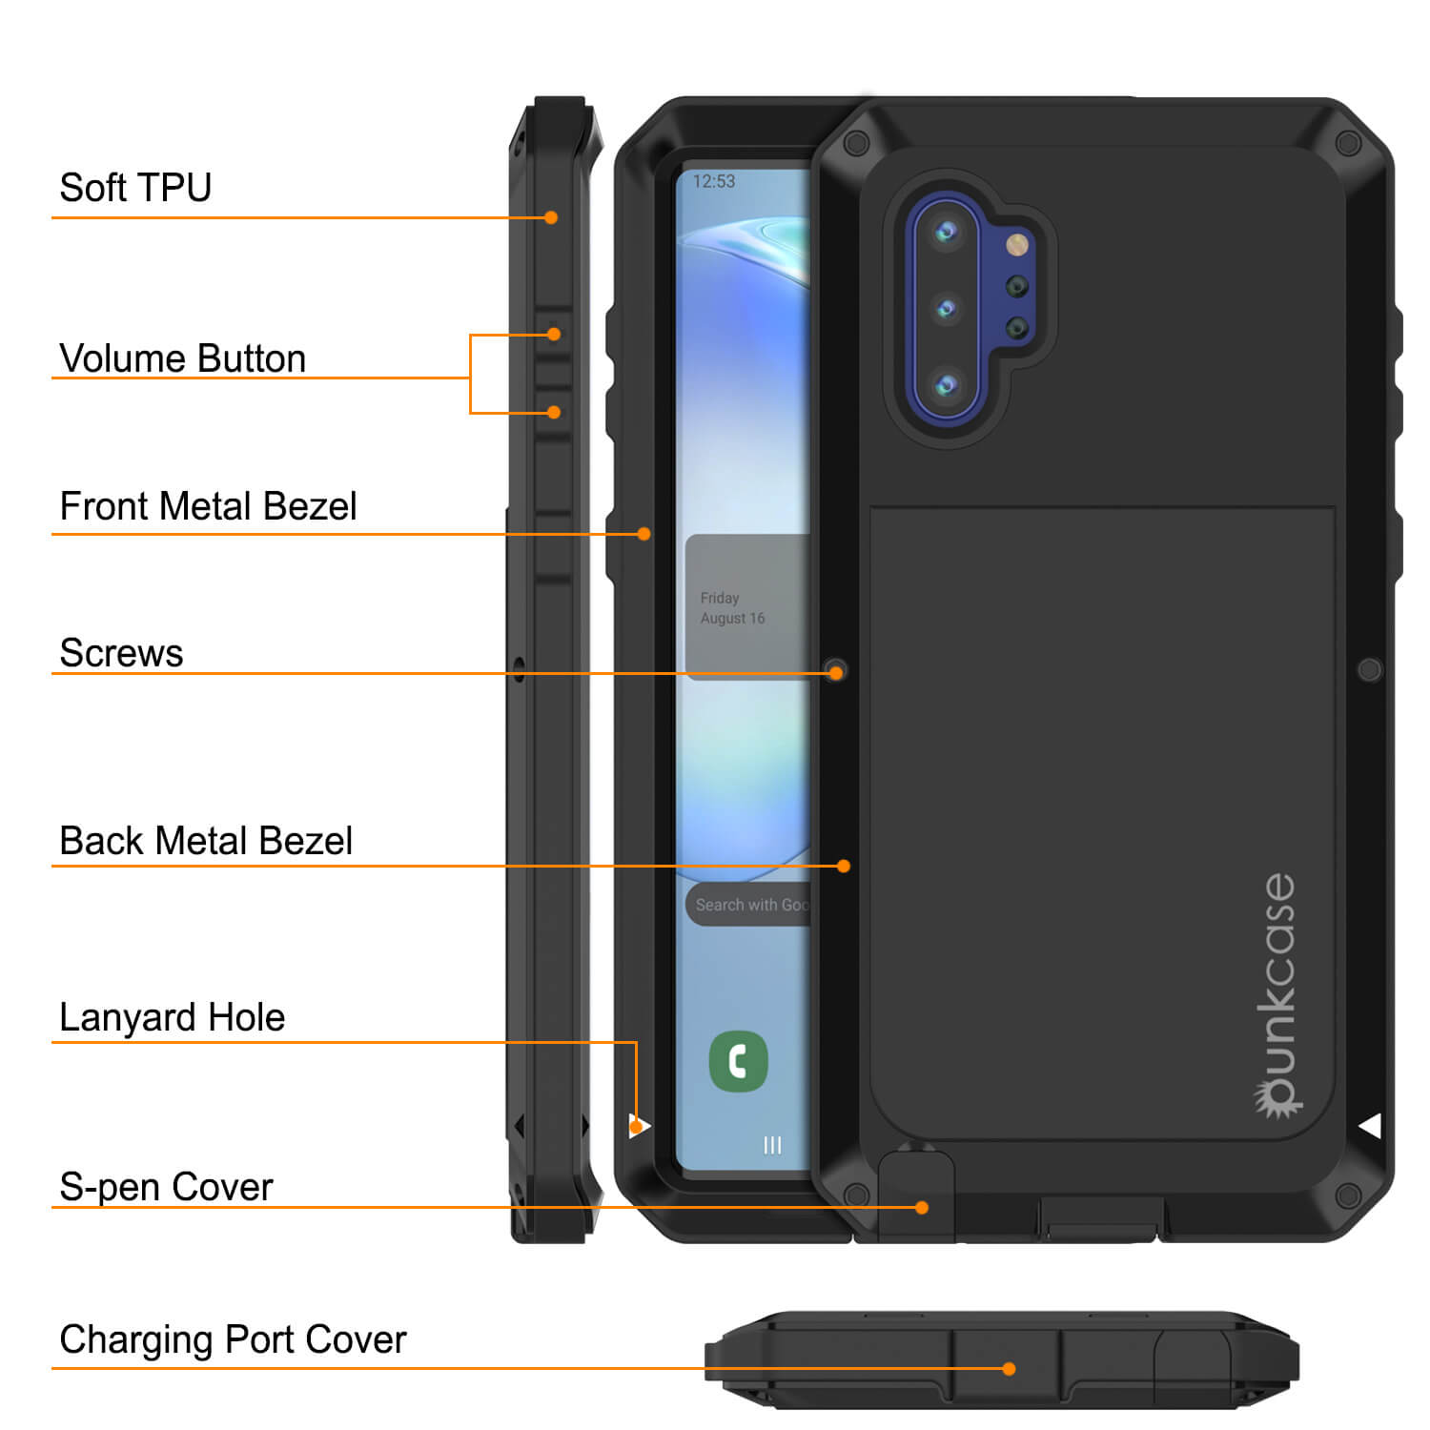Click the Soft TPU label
[135, 188]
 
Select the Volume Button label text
[182, 358]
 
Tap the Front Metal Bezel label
[208, 506]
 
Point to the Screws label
[121, 653]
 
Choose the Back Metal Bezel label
[206, 841]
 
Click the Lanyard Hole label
[172, 1017]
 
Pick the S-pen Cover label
[166, 1187]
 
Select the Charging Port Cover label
[233, 1339]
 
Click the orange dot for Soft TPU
[551, 217]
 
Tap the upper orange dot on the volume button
[554, 334]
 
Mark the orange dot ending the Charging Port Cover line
[1009, 1369]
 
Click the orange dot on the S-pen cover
[922, 1207]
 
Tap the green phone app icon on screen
[738, 1061]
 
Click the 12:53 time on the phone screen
[714, 181]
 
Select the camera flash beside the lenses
[1017, 245]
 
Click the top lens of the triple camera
[946, 231]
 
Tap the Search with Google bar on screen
[748, 905]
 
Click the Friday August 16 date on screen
[732, 608]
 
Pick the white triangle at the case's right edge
[1371, 1126]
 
